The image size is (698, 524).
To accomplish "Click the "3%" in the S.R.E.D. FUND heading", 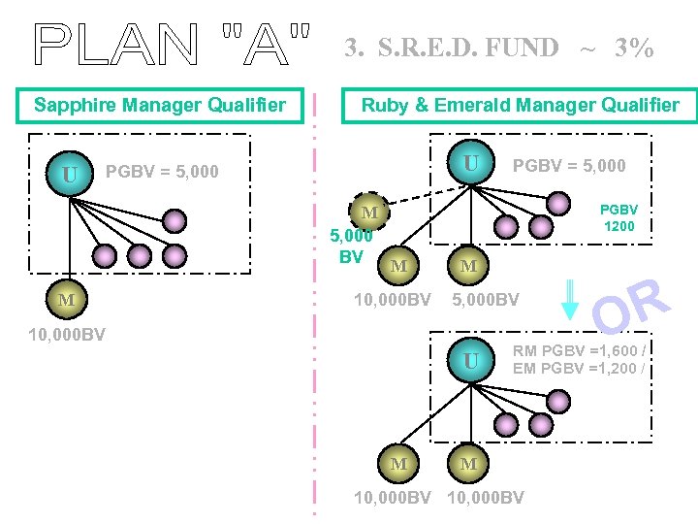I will coord(634,48).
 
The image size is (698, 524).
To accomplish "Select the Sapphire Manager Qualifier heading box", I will coord(160,105).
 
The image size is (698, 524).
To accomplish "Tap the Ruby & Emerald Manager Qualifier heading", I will coord(520,106).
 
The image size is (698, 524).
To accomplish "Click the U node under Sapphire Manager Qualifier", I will coord(69,175).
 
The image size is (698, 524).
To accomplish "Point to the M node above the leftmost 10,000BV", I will coord(66,300).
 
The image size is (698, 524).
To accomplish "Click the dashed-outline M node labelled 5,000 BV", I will coord(369,213).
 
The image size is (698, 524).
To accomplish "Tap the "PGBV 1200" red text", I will coord(619,216).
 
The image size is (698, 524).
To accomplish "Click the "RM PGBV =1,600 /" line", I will coord(580,350).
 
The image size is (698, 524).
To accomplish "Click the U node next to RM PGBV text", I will coord(470,361).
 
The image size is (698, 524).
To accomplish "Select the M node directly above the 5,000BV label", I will coord(468,266).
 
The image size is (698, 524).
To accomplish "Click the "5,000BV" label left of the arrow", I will coord(486,300).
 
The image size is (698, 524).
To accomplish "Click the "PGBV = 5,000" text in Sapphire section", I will coord(162,172).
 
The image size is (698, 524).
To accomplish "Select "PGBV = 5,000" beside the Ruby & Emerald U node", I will coord(569,165).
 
